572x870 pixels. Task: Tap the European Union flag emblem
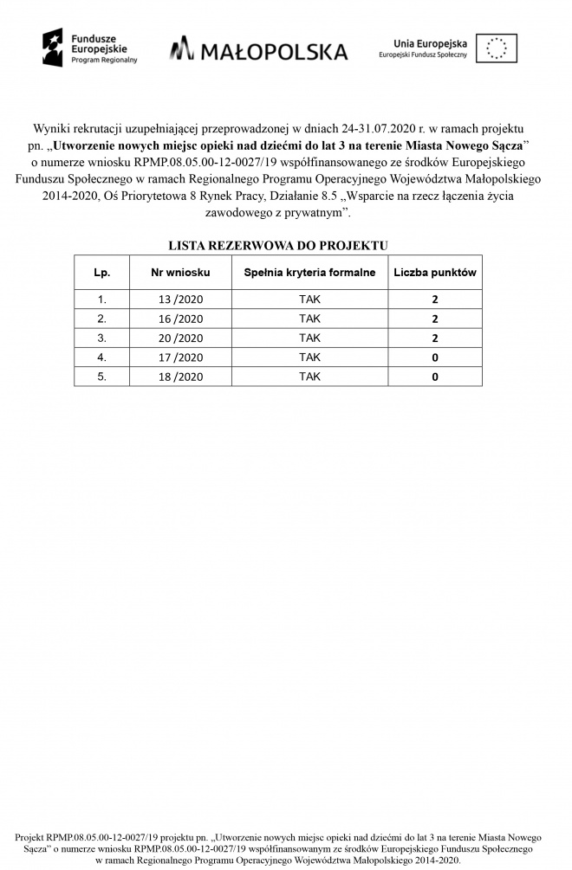coord(497,48)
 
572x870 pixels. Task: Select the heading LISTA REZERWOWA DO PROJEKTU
coord(278,246)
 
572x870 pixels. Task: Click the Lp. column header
coord(102,273)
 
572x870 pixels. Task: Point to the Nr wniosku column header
coord(180,273)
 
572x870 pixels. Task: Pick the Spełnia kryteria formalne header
coord(309,273)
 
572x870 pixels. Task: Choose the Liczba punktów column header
coord(435,273)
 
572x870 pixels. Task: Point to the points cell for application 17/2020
coord(435,358)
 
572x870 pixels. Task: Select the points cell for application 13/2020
coord(435,300)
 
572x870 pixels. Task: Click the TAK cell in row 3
coord(309,338)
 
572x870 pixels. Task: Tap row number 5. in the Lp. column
coord(102,377)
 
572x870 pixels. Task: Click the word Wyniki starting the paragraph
coord(52,128)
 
